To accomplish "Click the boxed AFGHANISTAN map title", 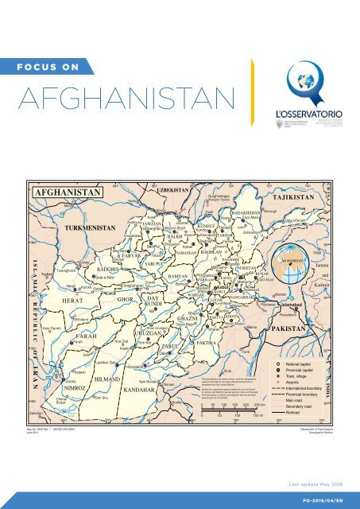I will (66, 194).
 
